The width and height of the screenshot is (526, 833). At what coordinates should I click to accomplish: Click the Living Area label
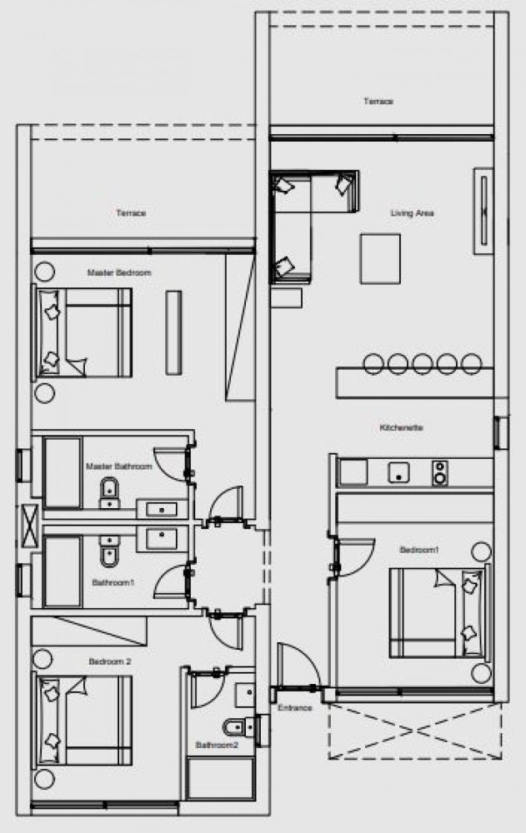[413, 213]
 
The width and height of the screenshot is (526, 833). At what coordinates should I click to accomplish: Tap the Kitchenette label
[402, 428]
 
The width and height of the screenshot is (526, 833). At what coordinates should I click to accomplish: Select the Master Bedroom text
[119, 272]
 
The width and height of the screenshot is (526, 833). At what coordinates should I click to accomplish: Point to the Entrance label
[295, 707]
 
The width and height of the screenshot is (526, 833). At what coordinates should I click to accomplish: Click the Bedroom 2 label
[109, 661]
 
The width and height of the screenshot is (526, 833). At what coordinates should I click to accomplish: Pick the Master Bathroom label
[119, 467]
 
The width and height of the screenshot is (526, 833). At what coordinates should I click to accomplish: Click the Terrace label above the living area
[378, 102]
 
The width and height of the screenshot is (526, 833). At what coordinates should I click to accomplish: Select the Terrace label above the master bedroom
[132, 213]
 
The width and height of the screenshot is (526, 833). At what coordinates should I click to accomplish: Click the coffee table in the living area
[380, 259]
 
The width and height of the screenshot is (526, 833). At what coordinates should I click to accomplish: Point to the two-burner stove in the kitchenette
[439, 472]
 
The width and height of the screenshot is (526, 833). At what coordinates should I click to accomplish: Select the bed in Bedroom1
[437, 611]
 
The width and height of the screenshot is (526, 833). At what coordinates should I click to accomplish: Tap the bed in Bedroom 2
[83, 719]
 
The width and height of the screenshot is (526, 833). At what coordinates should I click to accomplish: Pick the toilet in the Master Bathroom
[108, 493]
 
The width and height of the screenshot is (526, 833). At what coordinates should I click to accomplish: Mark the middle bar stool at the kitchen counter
[422, 363]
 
